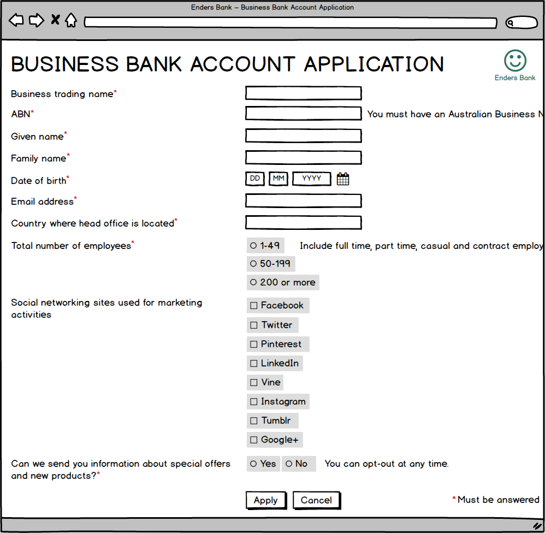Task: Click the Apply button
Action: point(266,500)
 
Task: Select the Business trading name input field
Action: point(303,93)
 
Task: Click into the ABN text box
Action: point(303,114)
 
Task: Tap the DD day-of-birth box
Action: point(255,179)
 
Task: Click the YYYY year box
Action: point(311,179)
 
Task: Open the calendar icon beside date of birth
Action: point(343,179)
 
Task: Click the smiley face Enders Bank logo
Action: point(515,61)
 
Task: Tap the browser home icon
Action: point(71,21)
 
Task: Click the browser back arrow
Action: point(16,21)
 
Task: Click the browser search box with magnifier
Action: point(522,23)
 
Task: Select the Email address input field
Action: point(303,201)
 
